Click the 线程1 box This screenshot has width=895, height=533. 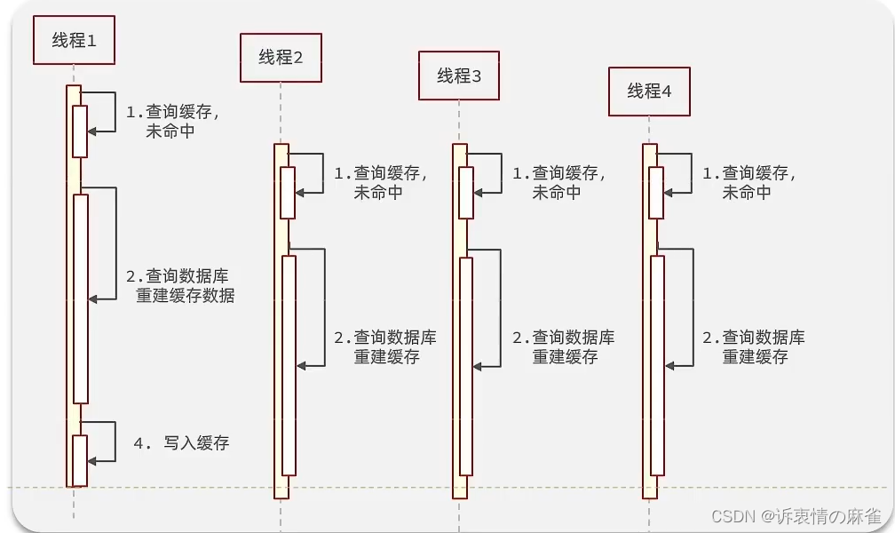pos(75,41)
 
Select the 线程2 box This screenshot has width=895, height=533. pos(281,58)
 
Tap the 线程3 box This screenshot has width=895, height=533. pos(459,76)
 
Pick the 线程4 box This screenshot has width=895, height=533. pos(649,91)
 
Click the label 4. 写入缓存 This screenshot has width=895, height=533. pos(181,442)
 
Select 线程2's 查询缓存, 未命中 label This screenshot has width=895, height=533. pos(380,182)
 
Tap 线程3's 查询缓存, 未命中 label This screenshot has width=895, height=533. pos(558,182)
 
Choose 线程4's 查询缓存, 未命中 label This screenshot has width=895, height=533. pos(749,182)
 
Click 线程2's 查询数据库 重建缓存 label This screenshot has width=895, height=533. pos(385,346)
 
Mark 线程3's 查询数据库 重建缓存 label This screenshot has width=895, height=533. pos(564,346)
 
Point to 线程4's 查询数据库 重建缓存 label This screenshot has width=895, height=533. pos(754,346)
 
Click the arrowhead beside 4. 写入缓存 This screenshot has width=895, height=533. pos(92,459)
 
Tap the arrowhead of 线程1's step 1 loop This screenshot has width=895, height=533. pos(92,131)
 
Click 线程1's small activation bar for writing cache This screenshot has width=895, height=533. pos(80,460)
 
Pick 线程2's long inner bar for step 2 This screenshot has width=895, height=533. pos(289,365)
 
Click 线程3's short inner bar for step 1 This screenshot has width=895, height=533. pos(466,192)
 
